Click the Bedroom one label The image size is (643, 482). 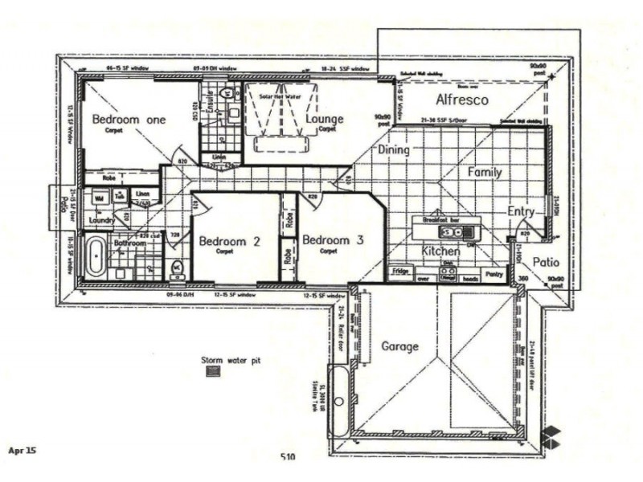pos(129,120)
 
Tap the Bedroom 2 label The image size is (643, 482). pos(229,240)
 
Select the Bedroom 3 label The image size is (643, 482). pos(333,240)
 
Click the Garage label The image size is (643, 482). pos(399,346)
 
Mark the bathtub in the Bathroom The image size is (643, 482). pos(96,257)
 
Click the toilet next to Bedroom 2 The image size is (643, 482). pos(178,268)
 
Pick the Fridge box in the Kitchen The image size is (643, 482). pos(400,272)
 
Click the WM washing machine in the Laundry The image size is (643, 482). pos(100,197)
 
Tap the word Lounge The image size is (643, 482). pos(325,120)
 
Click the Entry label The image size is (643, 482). pos(521,211)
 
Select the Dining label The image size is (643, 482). pos(393,149)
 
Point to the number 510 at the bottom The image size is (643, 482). pos(289,457)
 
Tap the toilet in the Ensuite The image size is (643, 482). pos(227,94)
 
